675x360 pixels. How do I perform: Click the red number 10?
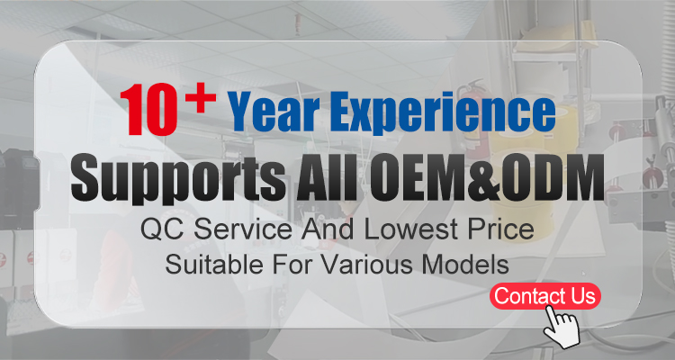click(148, 110)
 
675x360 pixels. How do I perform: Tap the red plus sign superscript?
click(201, 98)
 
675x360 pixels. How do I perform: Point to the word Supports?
click(179, 179)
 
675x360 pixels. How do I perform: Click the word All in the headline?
click(327, 177)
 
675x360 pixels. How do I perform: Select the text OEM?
click(413, 177)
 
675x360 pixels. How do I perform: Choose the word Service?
click(243, 229)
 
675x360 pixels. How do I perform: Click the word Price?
click(500, 229)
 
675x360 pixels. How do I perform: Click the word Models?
click(466, 265)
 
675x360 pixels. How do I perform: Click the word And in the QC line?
click(328, 229)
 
